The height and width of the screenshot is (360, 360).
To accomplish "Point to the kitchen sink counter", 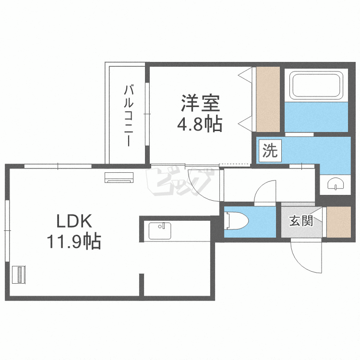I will tap(160, 230).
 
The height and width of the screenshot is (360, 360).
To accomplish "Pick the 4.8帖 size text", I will tap(200, 125).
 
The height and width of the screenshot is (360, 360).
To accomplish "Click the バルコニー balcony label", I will tap(129, 115).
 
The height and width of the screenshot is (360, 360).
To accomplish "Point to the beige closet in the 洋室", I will tap(267, 99).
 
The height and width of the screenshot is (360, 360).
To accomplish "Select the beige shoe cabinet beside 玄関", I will tap(339, 222).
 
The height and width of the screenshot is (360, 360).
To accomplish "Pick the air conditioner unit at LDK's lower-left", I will tap(19, 274).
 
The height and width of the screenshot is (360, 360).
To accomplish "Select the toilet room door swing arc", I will tap(264, 192).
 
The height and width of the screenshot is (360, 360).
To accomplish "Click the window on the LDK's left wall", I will tap(7, 230).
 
